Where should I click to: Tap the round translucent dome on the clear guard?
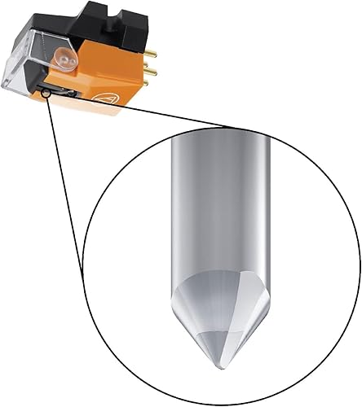(x=64, y=59)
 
